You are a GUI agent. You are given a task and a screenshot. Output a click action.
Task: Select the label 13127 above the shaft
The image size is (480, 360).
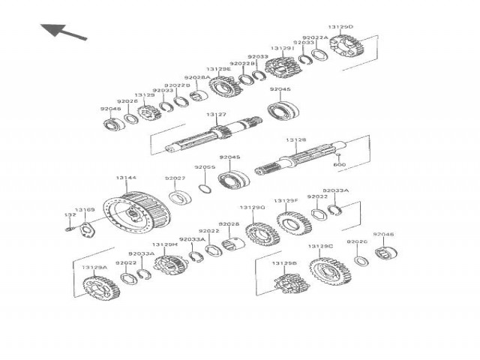point(216,115)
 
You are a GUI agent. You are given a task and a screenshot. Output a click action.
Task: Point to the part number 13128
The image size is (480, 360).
point(295,140)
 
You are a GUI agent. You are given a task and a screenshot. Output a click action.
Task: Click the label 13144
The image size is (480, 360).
point(126,178)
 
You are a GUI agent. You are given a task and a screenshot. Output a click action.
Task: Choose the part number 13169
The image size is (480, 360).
point(84,211)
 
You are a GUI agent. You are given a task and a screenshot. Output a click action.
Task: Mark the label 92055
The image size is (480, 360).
point(205,167)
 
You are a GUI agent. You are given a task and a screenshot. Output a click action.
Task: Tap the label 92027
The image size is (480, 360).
point(175,178)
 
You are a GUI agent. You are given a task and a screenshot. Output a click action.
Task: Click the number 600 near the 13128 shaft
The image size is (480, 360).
point(339,164)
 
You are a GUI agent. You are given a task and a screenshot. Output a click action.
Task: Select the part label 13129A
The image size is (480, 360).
point(94,267)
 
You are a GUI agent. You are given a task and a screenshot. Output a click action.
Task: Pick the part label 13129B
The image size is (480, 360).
point(284,263)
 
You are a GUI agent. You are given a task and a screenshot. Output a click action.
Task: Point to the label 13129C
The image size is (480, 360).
point(320,246)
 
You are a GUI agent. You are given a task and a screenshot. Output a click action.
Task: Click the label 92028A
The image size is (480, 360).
point(196,77)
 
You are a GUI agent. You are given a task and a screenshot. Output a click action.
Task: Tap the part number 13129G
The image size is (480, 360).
point(252,207)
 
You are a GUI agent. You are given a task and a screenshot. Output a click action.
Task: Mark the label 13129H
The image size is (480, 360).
point(164,244)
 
